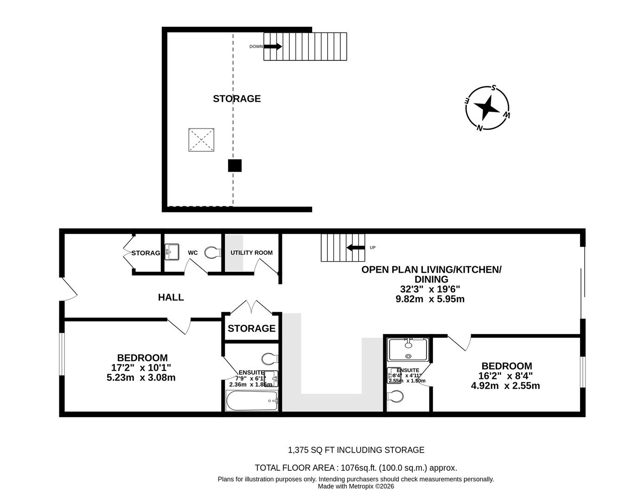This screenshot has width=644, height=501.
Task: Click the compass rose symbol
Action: tap(487, 109)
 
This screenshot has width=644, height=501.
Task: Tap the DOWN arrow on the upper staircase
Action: tap(273, 46)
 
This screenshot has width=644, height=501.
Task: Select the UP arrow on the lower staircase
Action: tap(356, 247)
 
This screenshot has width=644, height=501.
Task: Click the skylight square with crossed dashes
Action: tap(201, 140)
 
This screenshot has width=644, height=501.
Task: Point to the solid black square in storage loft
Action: tap(235, 166)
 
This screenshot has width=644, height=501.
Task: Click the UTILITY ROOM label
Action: tap(251, 253)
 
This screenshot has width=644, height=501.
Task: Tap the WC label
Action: tap(193, 253)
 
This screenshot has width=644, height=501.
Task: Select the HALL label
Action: tap(171, 297)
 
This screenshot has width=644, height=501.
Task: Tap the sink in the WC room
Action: tap(172, 252)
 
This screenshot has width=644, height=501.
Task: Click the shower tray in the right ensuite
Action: tap(408, 349)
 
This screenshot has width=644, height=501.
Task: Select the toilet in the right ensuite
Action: tap(395, 397)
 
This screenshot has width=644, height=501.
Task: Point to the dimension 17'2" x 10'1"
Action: tap(141, 367)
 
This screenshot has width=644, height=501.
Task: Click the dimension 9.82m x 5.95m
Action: tap(430, 299)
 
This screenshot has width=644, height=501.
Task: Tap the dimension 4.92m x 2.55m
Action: tap(505, 385)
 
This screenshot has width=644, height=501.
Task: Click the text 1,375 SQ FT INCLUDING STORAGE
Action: tap(356, 450)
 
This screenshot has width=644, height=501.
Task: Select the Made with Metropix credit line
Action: tap(356, 486)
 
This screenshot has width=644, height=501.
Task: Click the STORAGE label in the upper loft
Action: tap(236, 98)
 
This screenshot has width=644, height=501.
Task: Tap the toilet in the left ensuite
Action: tap(269, 359)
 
